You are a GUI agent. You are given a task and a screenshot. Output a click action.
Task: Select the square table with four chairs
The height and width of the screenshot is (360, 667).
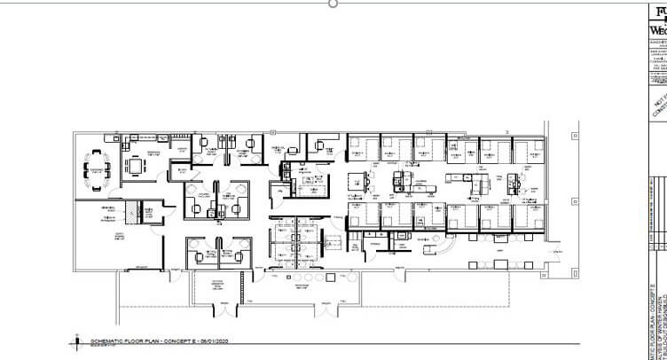pyautogui.click(x=135, y=165)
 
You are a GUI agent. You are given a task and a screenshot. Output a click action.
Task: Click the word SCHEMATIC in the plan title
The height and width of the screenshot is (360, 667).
pyautogui.click(x=106, y=340)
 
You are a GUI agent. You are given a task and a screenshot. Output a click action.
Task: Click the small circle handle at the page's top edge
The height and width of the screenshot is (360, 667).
pyautogui.click(x=333, y=4)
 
